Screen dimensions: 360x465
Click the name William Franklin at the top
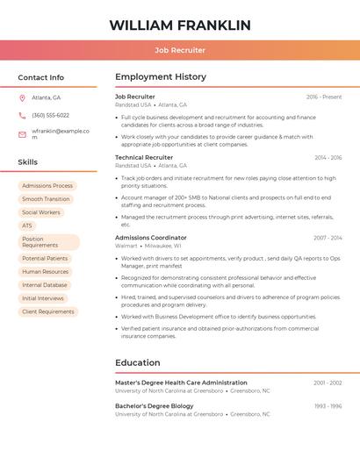(x=180, y=25)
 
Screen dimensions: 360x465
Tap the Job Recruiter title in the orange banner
(x=180, y=50)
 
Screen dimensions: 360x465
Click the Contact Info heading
(x=40, y=77)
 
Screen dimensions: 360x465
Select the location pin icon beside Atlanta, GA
(x=22, y=97)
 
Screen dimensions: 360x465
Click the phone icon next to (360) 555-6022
(x=22, y=115)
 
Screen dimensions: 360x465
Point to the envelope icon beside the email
(x=22, y=133)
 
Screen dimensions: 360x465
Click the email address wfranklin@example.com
(x=61, y=133)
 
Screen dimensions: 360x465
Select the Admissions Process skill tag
(x=47, y=186)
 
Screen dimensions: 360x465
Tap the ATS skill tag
(x=27, y=225)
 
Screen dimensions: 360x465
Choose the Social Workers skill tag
(x=41, y=212)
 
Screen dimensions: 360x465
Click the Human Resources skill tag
(x=45, y=272)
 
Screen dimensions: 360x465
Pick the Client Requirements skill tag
(x=48, y=311)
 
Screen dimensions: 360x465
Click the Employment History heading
(x=161, y=77)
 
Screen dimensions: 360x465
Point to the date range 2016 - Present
(x=324, y=97)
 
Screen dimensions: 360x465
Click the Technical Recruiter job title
(x=144, y=157)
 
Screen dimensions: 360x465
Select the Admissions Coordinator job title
(x=151, y=238)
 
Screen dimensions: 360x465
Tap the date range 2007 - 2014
(x=328, y=238)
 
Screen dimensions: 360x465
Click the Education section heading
(x=138, y=362)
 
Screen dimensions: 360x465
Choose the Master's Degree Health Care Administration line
(x=181, y=383)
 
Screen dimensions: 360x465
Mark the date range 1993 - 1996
(x=328, y=406)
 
